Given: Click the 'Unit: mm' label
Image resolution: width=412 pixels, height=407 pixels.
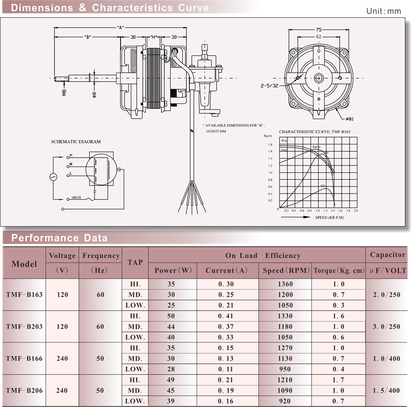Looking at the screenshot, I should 383,11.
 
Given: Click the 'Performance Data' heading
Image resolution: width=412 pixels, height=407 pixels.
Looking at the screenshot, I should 59,238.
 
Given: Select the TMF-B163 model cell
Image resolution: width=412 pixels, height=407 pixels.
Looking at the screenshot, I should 24,295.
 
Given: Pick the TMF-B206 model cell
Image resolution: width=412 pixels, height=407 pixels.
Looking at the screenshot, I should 24,391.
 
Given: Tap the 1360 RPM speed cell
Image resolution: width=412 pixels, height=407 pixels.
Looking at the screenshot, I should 285,284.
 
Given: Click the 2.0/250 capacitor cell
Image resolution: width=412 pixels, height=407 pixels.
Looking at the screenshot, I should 388,295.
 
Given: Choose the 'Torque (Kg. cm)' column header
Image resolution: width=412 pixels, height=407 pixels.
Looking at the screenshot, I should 339,270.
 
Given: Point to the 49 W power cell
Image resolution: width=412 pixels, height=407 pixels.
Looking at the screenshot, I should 171,380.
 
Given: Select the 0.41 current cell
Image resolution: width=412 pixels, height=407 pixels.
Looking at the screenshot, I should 226,316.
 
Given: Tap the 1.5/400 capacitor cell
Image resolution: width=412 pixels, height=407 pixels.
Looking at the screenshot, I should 388,391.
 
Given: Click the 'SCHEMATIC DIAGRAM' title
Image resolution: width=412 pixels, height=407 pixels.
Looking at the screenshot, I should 76,142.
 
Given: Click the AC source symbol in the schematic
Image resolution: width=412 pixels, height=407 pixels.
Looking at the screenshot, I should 53,177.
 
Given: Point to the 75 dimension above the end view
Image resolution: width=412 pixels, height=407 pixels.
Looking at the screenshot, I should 319,30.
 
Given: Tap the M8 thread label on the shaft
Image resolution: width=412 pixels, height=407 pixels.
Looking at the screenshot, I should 64,93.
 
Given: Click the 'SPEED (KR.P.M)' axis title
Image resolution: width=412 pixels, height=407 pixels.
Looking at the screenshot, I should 330,217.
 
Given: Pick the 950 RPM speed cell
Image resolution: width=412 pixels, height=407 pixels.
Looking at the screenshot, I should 285,369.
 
